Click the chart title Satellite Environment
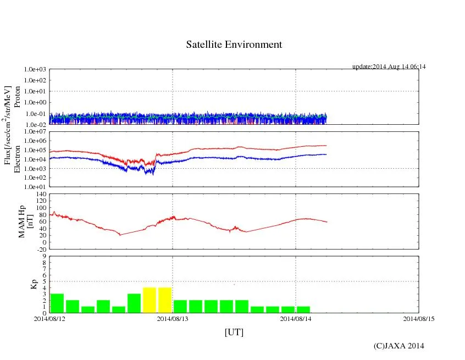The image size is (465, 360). [x=234, y=45]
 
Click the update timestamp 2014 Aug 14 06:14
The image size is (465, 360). [x=389, y=67]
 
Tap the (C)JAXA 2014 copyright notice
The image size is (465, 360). [x=399, y=346]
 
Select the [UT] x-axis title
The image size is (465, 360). [x=234, y=332]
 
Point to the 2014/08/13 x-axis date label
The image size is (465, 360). [x=173, y=318]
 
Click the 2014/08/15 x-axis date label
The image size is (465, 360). [x=419, y=318]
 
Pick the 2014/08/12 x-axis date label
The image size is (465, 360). [x=49, y=318]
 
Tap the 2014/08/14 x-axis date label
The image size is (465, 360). [x=296, y=318]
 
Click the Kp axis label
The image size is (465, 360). [x=31, y=285]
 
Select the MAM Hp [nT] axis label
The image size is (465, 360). [x=26, y=218]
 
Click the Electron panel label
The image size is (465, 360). [x=17, y=159]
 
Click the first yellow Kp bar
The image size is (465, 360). [x=150, y=300]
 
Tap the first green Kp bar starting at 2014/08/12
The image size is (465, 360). [x=57, y=303]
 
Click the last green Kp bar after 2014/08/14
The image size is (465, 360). [x=303, y=309]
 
